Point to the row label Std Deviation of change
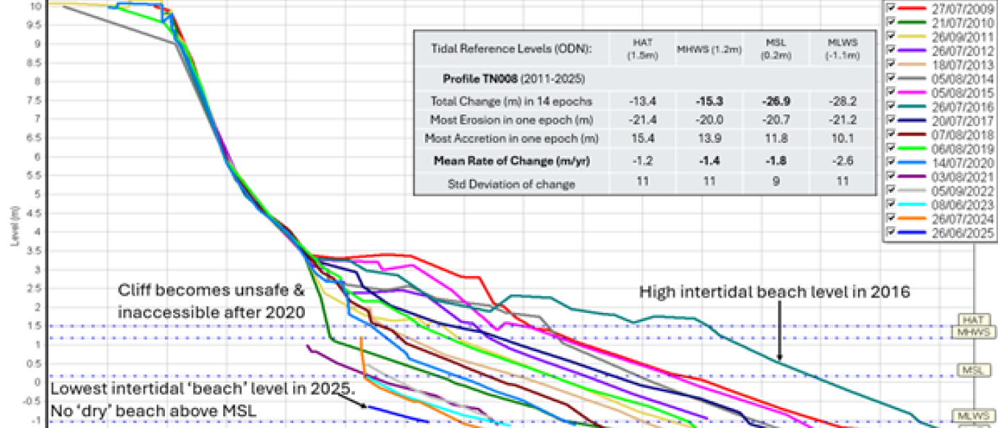(513, 184)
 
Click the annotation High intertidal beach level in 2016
(773, 292)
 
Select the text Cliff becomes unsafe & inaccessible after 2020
(211, 301)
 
